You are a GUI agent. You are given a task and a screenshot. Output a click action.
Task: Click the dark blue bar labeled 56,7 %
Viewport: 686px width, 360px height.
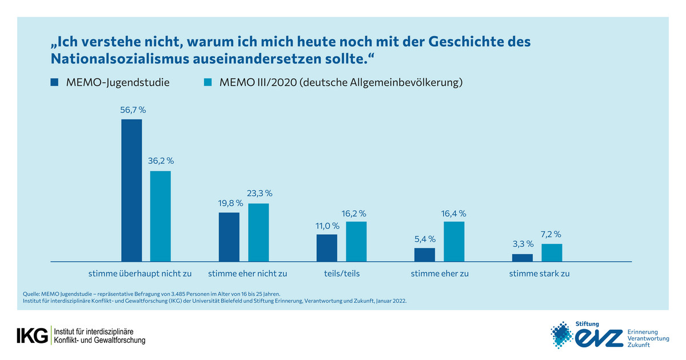tap(131, 190)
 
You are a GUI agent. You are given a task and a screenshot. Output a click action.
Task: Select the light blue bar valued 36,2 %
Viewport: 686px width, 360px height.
tap(161, 216)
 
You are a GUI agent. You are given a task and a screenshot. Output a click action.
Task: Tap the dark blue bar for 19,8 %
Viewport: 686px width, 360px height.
tap(229, 237)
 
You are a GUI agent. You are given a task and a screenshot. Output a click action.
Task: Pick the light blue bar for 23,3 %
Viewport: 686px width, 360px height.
tap(258, 232)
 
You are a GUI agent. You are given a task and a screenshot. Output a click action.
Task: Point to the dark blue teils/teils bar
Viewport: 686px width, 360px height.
tap(327, 247)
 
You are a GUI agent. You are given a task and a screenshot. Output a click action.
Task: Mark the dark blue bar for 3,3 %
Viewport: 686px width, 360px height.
tap(523, 257)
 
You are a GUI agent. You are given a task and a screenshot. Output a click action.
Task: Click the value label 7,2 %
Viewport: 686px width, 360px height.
tap(551, 234)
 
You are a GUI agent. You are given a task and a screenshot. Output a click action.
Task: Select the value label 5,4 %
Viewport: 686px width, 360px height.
tap(425, 239)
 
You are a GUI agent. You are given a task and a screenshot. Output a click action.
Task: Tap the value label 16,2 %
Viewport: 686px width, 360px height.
tap(356, 213)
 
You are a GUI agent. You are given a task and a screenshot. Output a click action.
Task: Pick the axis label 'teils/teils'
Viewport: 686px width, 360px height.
tap(341, 274)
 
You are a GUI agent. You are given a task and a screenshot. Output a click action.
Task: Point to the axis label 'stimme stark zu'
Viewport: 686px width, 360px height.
tap(540, 274)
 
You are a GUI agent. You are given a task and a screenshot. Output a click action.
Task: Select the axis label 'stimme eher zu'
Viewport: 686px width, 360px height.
tap(440, 274)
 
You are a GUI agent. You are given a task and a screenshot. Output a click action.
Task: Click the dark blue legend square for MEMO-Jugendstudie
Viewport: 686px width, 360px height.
tap(54, 82)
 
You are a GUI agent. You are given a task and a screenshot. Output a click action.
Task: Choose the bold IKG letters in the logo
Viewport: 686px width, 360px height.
tap(33, 336)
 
